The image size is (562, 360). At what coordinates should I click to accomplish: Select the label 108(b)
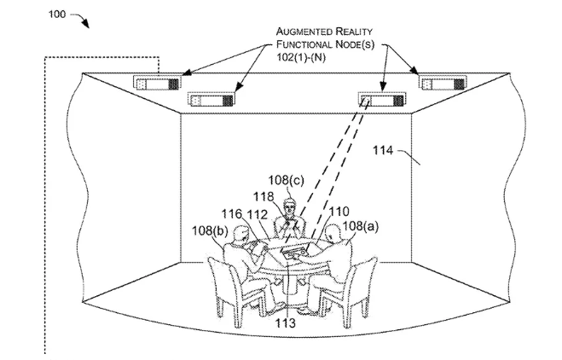click(x=208, y=230)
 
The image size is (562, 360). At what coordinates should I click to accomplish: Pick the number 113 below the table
click(x=287, y=322)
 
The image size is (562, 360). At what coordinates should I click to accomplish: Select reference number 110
click(x=338, y=211)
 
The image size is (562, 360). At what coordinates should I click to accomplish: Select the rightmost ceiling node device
click(x=441, y=84)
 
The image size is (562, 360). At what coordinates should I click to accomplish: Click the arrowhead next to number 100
click(x=86, y=25)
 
